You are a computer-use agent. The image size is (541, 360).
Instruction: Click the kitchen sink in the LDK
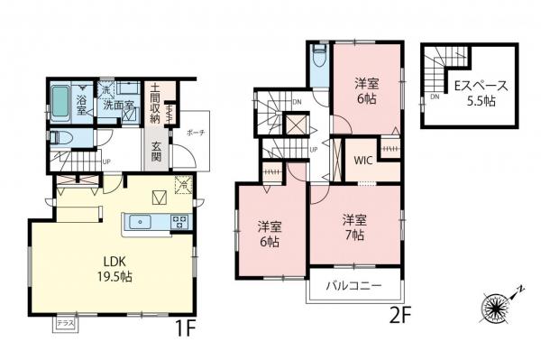click(x=142, y=221)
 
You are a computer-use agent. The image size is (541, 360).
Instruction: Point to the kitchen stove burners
click(x=179, y=221)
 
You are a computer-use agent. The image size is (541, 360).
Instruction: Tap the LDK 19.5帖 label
click(x=114, y=271)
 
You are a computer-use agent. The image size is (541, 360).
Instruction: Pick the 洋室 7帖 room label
click(x=353, y=225)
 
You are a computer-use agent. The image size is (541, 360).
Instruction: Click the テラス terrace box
click(x=65, y=322)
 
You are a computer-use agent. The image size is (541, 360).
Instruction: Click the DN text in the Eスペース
click(x=434, y=97)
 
